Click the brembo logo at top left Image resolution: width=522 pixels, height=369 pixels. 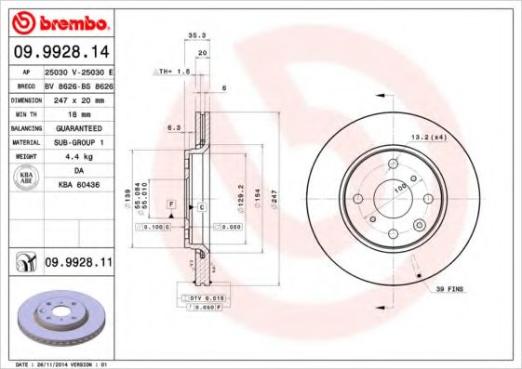(58, 21)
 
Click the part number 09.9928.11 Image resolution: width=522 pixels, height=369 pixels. (78, 265)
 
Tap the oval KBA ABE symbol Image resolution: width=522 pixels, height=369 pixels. (26, 178)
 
